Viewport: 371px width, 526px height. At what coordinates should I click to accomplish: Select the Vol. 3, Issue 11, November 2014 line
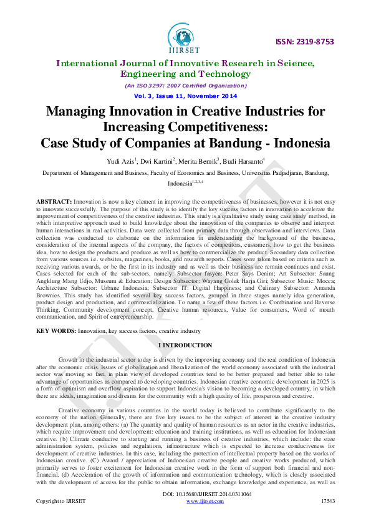[x=185, y=96]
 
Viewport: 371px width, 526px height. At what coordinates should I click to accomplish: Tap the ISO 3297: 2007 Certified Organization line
[x=185, y=86]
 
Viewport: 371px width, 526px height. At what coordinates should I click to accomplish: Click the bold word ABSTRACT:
[x=54, y=203]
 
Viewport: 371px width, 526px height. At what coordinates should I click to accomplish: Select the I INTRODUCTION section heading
[x=185, y=345]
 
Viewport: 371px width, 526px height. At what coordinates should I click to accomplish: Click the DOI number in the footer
[x=185, y=512]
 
